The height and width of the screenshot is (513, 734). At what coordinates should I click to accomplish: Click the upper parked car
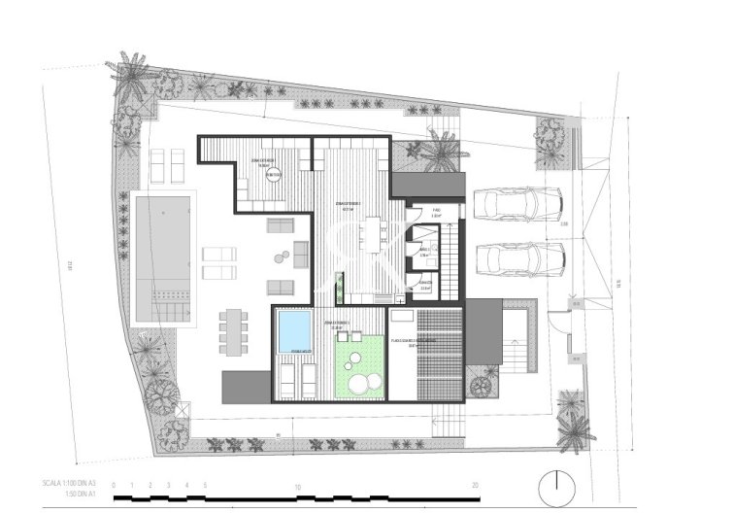[517, 204]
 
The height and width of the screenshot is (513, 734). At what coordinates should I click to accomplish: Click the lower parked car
[520, 259]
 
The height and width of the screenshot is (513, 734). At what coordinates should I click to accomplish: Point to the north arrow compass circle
[557, 483]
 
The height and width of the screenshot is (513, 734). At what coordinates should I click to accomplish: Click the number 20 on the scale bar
[474, 485]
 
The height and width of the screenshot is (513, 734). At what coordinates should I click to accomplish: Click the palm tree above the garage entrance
[435, 153]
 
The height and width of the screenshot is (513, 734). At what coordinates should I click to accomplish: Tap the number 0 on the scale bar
[115, 485]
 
